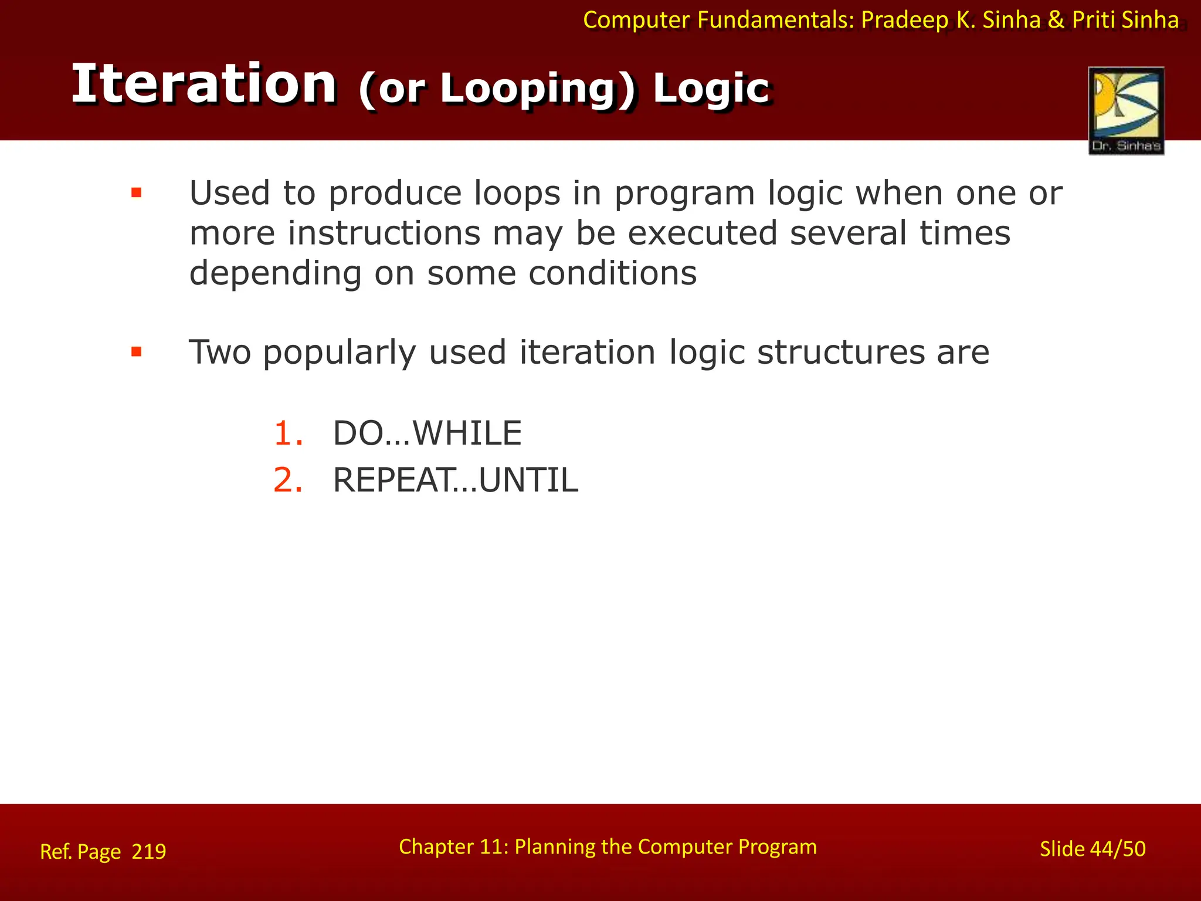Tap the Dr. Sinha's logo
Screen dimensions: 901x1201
[1125, 110]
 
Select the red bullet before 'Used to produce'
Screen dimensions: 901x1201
[137, 193]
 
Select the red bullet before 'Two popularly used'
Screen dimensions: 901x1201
[137, 352]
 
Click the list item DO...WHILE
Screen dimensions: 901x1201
[427, 433]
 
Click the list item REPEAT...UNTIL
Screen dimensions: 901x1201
[455, 480]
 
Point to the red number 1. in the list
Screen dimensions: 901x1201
[288, 433]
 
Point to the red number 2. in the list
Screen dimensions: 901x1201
[288, 480]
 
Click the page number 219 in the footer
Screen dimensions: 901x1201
[149, 851]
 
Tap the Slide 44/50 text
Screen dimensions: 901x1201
[1092, 849]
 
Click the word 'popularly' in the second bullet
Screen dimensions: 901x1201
[339, 353]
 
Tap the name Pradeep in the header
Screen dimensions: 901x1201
[904, 21]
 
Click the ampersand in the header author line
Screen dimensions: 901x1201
[1056, 21]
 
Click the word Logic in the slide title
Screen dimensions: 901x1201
[711, 89]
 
